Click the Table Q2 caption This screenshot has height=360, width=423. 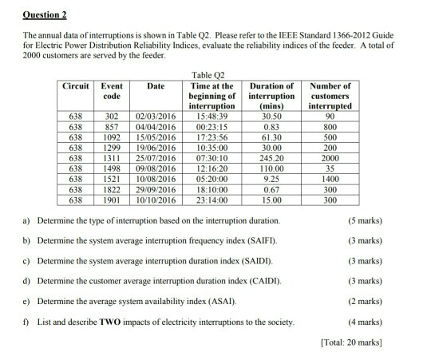click(210, 73)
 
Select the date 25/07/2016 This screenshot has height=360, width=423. click(156, 158)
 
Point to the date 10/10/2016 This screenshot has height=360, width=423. click(156, 200)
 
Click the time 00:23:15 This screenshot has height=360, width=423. click(209, 127)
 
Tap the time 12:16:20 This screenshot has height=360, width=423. click(209, 168)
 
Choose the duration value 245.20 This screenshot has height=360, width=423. click(272, 158)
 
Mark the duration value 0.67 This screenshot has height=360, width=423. click(272, 189)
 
